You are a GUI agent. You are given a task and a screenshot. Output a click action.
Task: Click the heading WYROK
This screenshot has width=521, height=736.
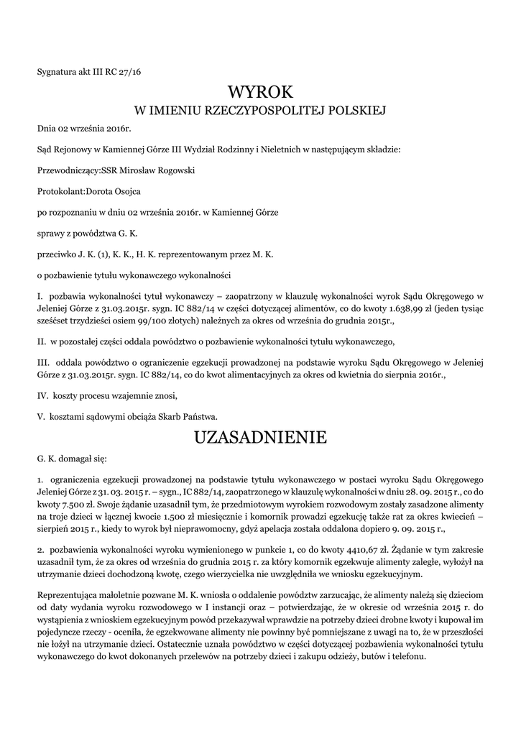[x=260, y=92]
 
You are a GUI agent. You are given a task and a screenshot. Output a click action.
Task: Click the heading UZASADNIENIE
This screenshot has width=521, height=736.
[x=260, y=437]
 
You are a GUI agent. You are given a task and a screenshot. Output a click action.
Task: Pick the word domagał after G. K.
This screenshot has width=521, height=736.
[x=80, y=458]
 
